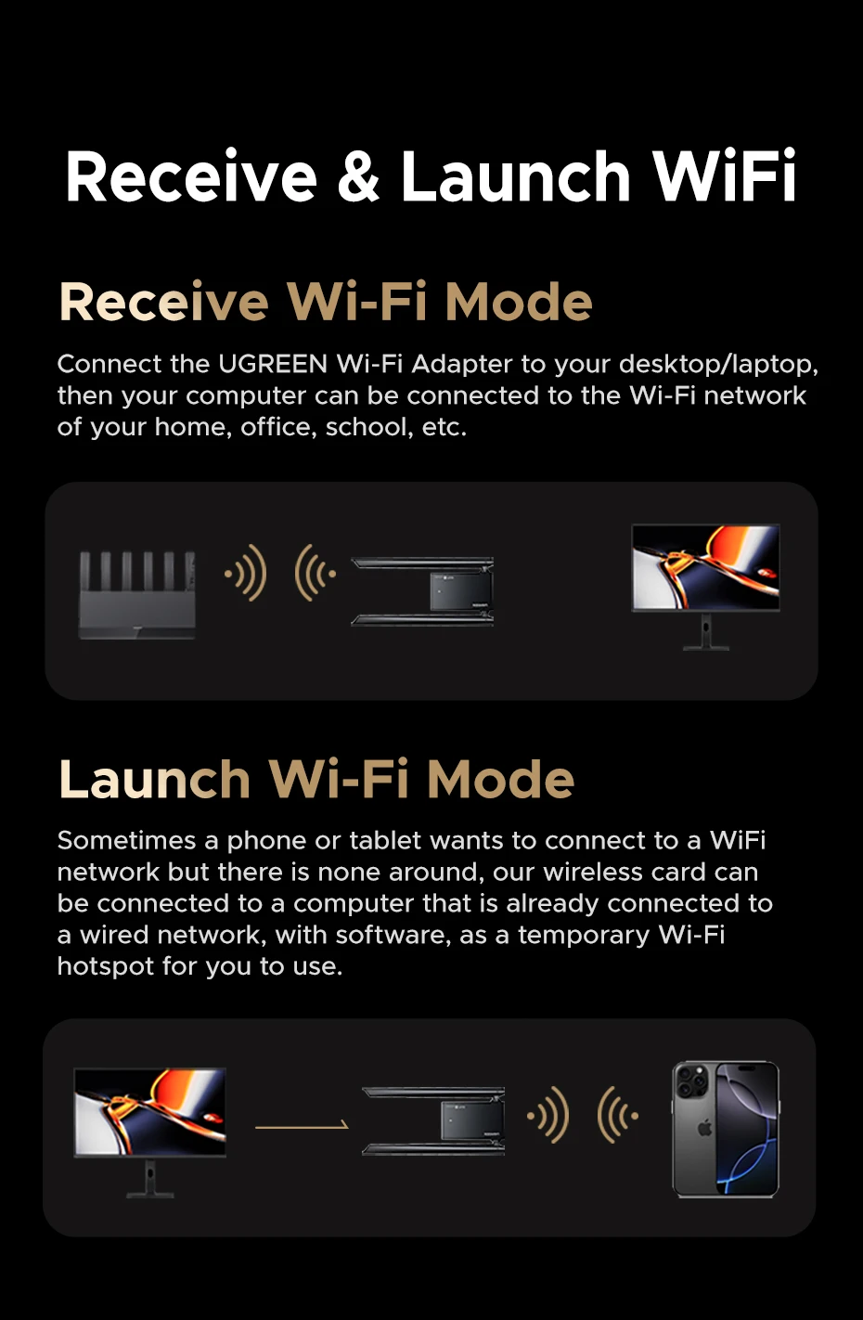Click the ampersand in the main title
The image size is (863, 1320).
[359, 176]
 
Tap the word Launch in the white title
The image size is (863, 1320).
[516, 175]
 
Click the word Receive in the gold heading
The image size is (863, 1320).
[163, 302]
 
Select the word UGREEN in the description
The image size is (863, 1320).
[273, 364]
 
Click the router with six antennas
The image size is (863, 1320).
[137, 595]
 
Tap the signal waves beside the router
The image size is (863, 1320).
[246, 573]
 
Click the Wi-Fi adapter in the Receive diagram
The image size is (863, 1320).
[422, 591]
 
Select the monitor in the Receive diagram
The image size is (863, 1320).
[706, 587]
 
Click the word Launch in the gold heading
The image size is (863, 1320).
[155, 779]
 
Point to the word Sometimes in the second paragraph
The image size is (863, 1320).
[126, 840]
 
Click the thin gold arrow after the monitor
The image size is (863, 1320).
[302, 1127]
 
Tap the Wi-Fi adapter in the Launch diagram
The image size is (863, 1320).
[433, 1121]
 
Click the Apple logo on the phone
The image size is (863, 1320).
[704, 1128]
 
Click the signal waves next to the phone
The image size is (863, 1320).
[618, 1116]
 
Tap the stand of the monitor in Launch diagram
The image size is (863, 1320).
[150, 1178]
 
